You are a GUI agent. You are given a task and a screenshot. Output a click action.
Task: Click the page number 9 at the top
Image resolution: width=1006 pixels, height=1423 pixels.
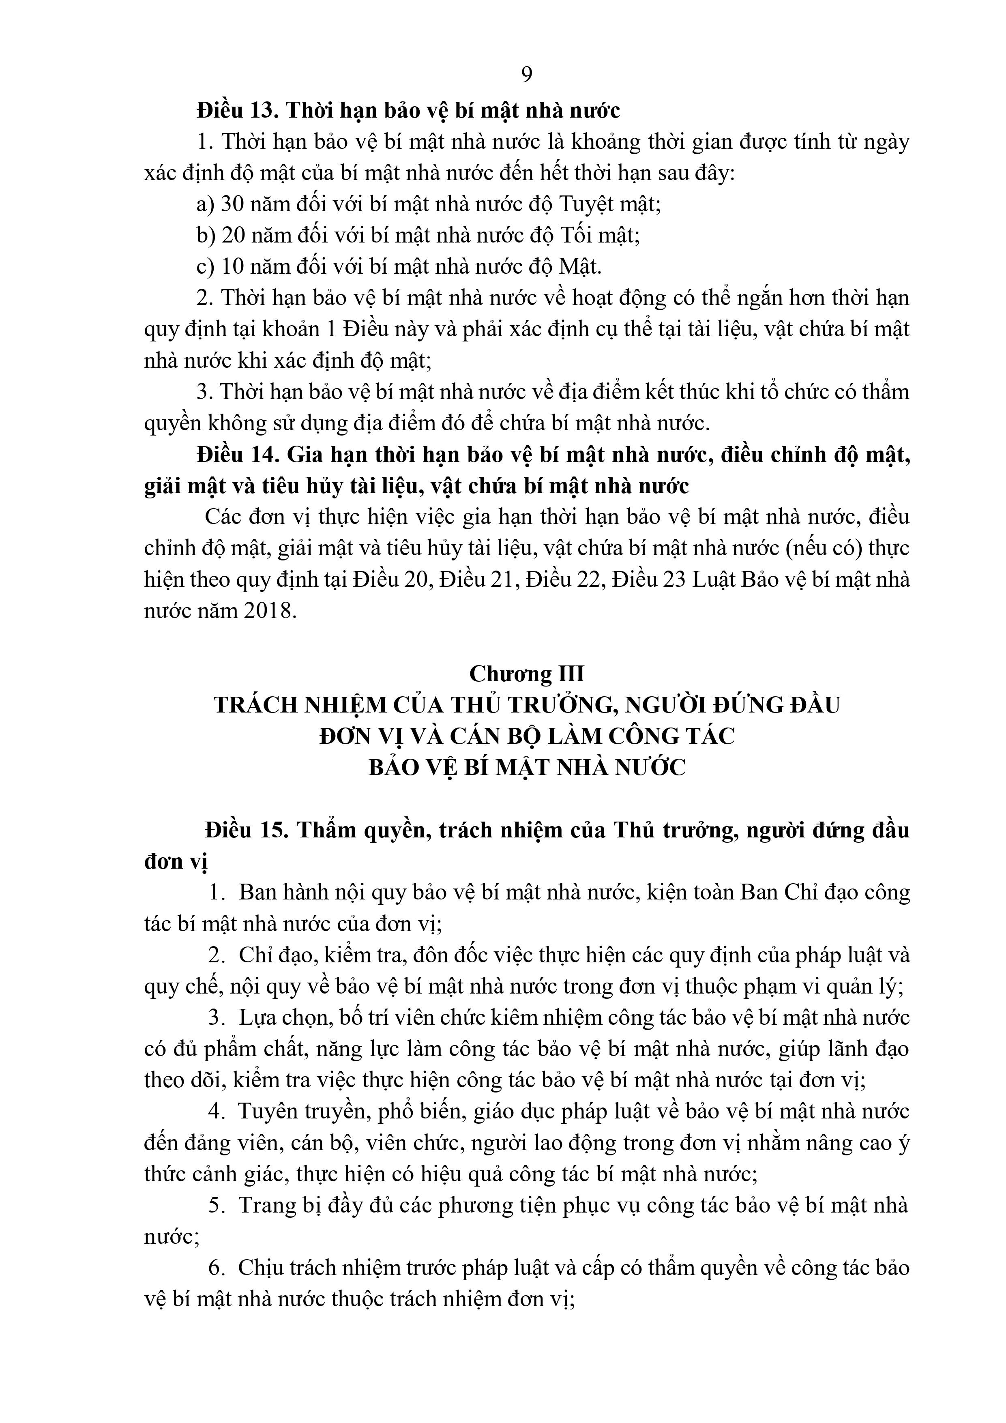click(526, 74)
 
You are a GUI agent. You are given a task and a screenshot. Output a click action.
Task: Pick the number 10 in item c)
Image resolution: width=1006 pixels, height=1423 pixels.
click(234, 266)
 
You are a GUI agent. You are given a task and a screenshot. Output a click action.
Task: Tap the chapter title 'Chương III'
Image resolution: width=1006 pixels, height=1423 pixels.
click(526, 673)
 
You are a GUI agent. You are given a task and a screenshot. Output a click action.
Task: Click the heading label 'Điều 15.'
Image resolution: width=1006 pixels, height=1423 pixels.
click(247, 830)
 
